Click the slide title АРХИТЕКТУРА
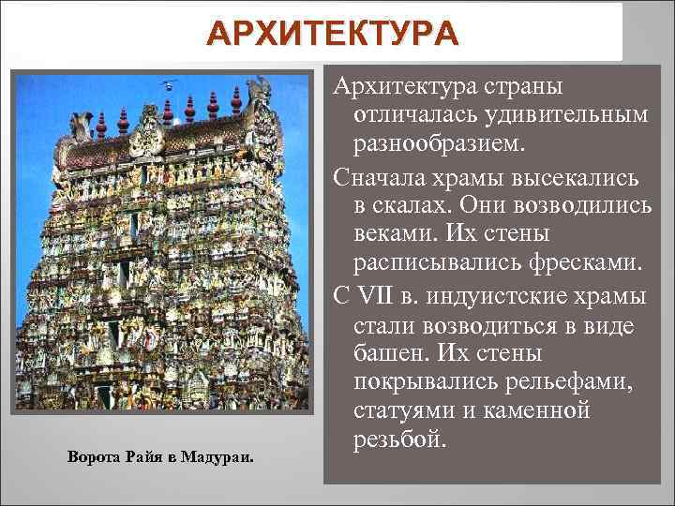pos(334,34)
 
